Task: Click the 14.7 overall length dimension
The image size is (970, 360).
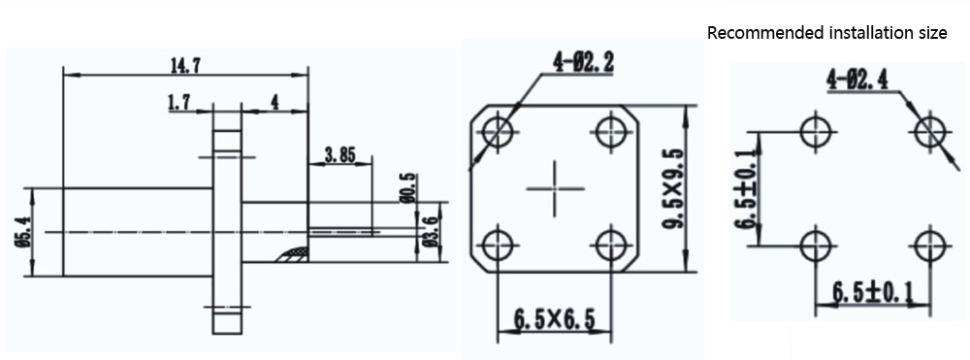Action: tap(185, 66)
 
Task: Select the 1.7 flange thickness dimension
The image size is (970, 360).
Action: tap(178, 103)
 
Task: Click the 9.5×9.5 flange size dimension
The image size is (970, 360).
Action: tap(673, 188)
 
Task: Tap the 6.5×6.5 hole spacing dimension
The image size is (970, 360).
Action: tap(554, 320)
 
